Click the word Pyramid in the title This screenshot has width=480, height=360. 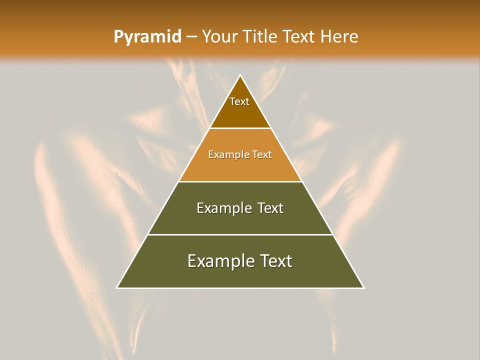147,37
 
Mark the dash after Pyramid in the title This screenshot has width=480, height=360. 191,37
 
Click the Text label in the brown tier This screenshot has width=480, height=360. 239,101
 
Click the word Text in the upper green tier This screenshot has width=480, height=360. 271,208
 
